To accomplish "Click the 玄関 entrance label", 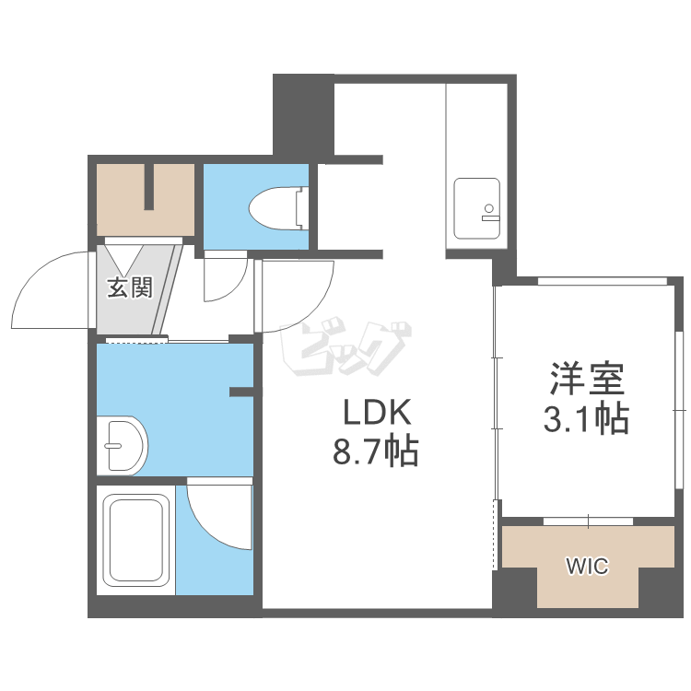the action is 130,287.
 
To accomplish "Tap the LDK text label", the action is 377,412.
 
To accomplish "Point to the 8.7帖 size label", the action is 376,452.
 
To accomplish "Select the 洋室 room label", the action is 587,378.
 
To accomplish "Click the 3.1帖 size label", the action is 586,419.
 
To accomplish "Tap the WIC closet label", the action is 588,566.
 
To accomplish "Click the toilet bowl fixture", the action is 278,208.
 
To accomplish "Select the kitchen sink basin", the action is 477,208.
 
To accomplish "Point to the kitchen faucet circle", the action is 488,208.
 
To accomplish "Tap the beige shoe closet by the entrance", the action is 146,200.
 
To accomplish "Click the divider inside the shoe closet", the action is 149,187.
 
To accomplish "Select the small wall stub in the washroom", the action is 241,392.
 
